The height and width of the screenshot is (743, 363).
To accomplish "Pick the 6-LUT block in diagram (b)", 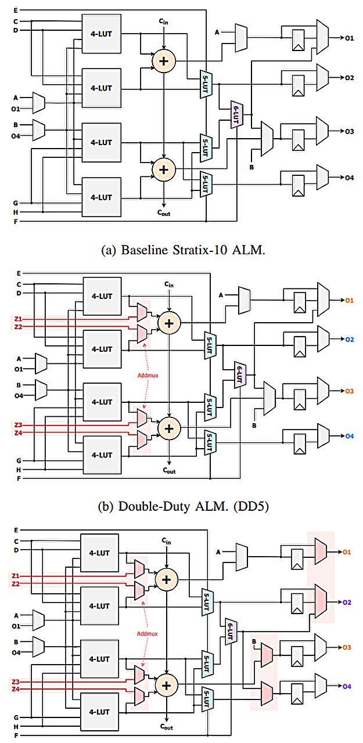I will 239,374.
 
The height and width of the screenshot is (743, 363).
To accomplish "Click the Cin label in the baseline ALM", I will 164,22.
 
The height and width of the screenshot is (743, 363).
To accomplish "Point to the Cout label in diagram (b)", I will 168,470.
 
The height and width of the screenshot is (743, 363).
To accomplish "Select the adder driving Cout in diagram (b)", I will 168,428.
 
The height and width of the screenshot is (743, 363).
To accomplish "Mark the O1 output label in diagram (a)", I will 349,38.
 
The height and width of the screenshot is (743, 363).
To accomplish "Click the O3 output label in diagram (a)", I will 349,132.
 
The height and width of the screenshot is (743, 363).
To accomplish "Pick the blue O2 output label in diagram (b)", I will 349,338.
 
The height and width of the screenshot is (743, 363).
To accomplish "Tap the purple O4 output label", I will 347,686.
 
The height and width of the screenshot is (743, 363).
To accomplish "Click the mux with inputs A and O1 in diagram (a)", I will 38,103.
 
